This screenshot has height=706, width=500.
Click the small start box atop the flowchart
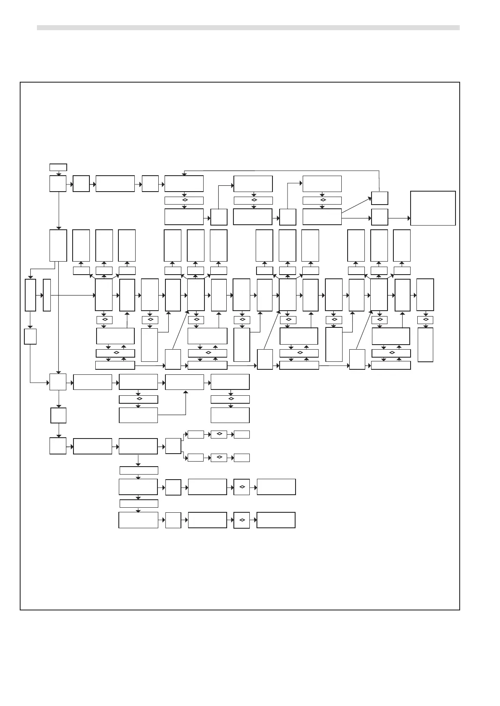pyautogui.click(x=58, y=167)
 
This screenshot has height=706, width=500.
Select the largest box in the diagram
pyautogui.click(x=433, y=208)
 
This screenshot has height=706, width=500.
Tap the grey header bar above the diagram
pyautogui.click(x=248, y=28)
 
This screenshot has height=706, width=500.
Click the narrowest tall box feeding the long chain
pyautogui.click(x=47, y=295)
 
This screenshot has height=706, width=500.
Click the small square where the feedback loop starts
pyautogui.click(x=380, y=198)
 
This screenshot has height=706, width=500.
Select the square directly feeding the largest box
pyautogui.click(x=380, y=217)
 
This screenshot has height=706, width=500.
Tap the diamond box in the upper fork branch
pyautogui.click(x=219, y=434)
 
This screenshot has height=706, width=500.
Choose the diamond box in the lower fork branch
pyautogui.click(x=219, y=457)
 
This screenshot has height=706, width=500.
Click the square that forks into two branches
pyautogui.click(x=173, y=446)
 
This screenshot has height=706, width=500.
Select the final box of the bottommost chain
pyautogui.click(x=276, y=520)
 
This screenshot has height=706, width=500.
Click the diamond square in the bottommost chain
pyautogui.click(x=241, y=520)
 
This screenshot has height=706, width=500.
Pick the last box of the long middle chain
pyautogui.click(x=425, y=295)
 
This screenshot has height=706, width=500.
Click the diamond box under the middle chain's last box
pyautogui.click(x=425, y=320)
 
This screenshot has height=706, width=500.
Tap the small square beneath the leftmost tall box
pyautogui.click(x=30, y=336)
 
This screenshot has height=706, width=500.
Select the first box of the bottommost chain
pyautogui.click(x=138, y=520)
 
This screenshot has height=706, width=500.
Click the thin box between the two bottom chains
pyautogui.click(x=139, y=503)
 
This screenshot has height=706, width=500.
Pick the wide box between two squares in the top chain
pyautogui.click(x=115, y=184)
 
